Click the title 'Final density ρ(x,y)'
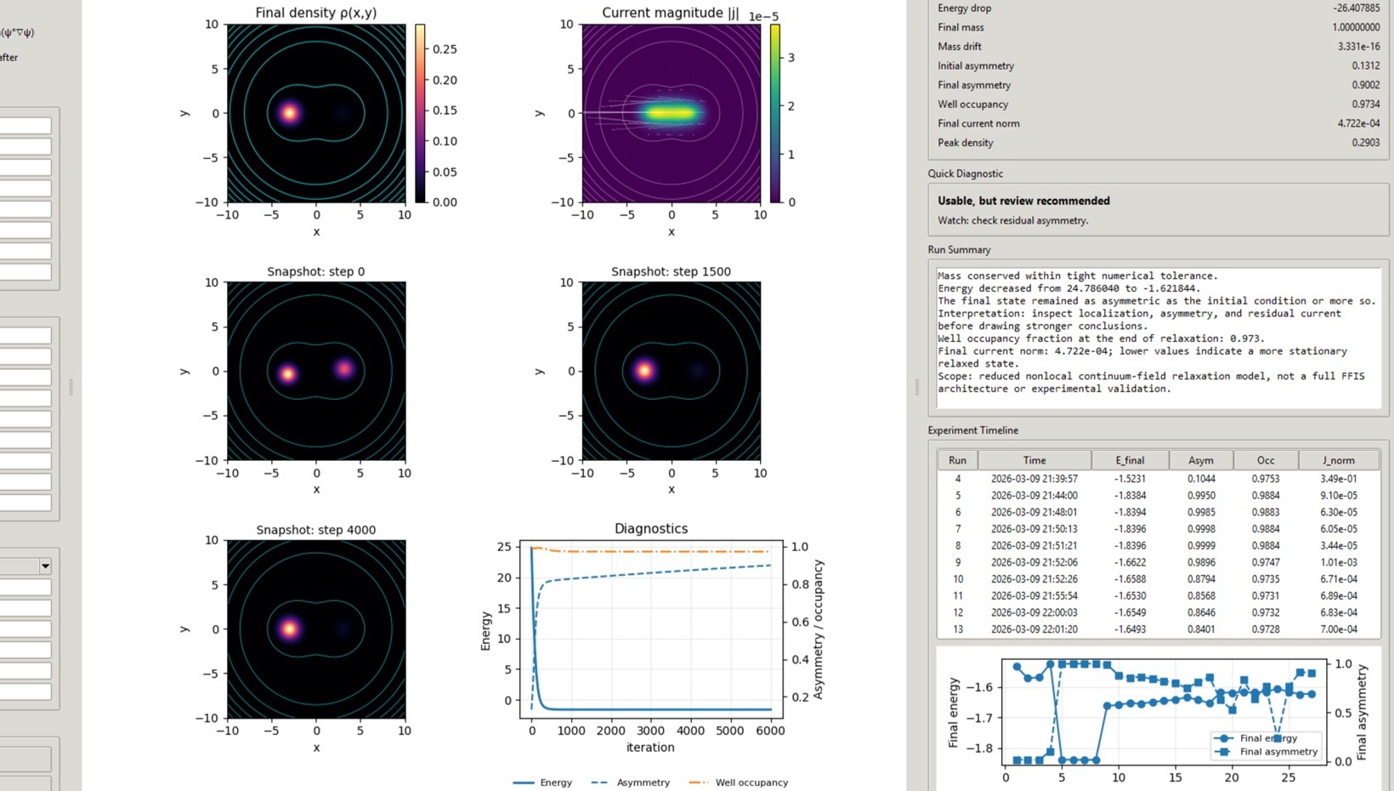pos(315,13)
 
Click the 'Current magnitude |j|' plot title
pos(670,13)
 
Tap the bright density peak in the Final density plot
pos(290,112)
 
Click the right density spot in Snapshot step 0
pos(344,368)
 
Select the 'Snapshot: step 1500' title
pos(671,271)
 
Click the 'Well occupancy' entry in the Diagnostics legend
pos(751,782)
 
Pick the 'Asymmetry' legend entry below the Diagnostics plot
pos(643,782)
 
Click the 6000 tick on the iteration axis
pos(770,731)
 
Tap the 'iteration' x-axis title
pos(650,748)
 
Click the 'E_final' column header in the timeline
pos(1130,460)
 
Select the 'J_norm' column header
pos(1338,460)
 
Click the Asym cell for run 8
pos(1201,546)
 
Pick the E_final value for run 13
pos(1130,629)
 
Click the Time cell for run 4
pos(1034,479)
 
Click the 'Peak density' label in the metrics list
pos(965,143)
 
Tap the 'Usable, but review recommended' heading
pos(1023,201)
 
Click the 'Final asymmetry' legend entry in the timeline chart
pos(1278,752)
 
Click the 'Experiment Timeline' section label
pos(972,430)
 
